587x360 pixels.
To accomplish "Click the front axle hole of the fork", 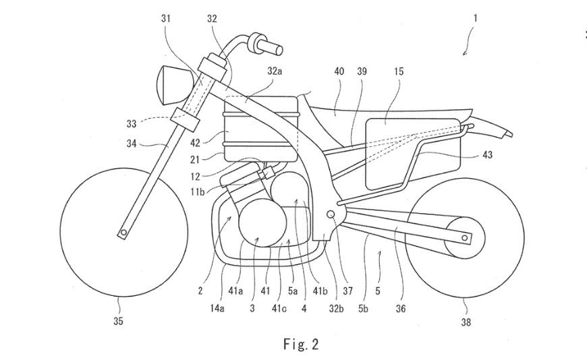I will coord(123,233).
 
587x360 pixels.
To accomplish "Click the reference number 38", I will coord(465,322).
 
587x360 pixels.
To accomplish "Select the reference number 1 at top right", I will coord(475,19).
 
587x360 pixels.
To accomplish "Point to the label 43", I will coord(487,155).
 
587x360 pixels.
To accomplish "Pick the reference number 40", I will coord(339,69).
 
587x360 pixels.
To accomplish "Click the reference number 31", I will coord(166,19).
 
